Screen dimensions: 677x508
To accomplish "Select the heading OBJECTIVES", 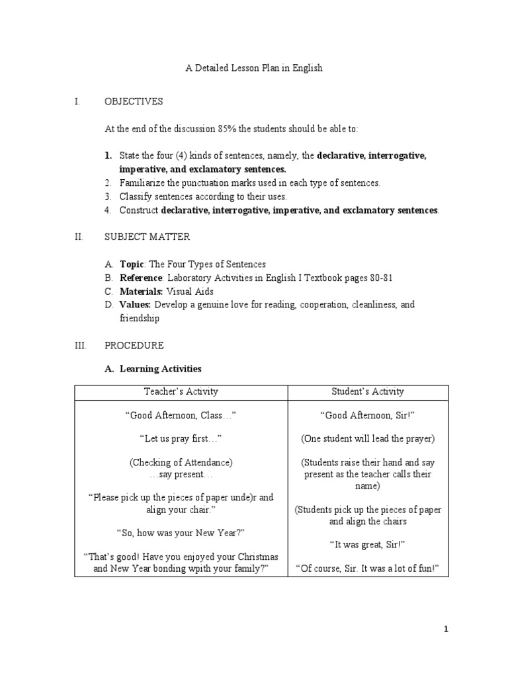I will [134, 101].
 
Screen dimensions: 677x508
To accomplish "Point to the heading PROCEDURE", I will [134, 345].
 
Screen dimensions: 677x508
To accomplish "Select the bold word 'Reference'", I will [141, 278].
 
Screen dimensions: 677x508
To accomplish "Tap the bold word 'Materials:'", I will [141, 291].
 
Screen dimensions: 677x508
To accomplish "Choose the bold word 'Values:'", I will [135, 305].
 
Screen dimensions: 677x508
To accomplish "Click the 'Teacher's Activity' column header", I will [181, 391].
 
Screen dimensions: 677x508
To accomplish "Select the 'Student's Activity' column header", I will [368, 391].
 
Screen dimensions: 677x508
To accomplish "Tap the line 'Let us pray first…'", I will [181, 438].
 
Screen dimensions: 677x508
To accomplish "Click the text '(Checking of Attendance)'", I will [181, 462].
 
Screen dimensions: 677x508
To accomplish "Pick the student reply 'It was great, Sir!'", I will [368, 544].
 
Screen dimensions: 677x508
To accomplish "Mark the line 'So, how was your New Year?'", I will [181, 532].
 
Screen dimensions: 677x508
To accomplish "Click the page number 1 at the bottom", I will [446, 630].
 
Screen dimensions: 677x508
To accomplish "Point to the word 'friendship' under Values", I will [140, 318].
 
